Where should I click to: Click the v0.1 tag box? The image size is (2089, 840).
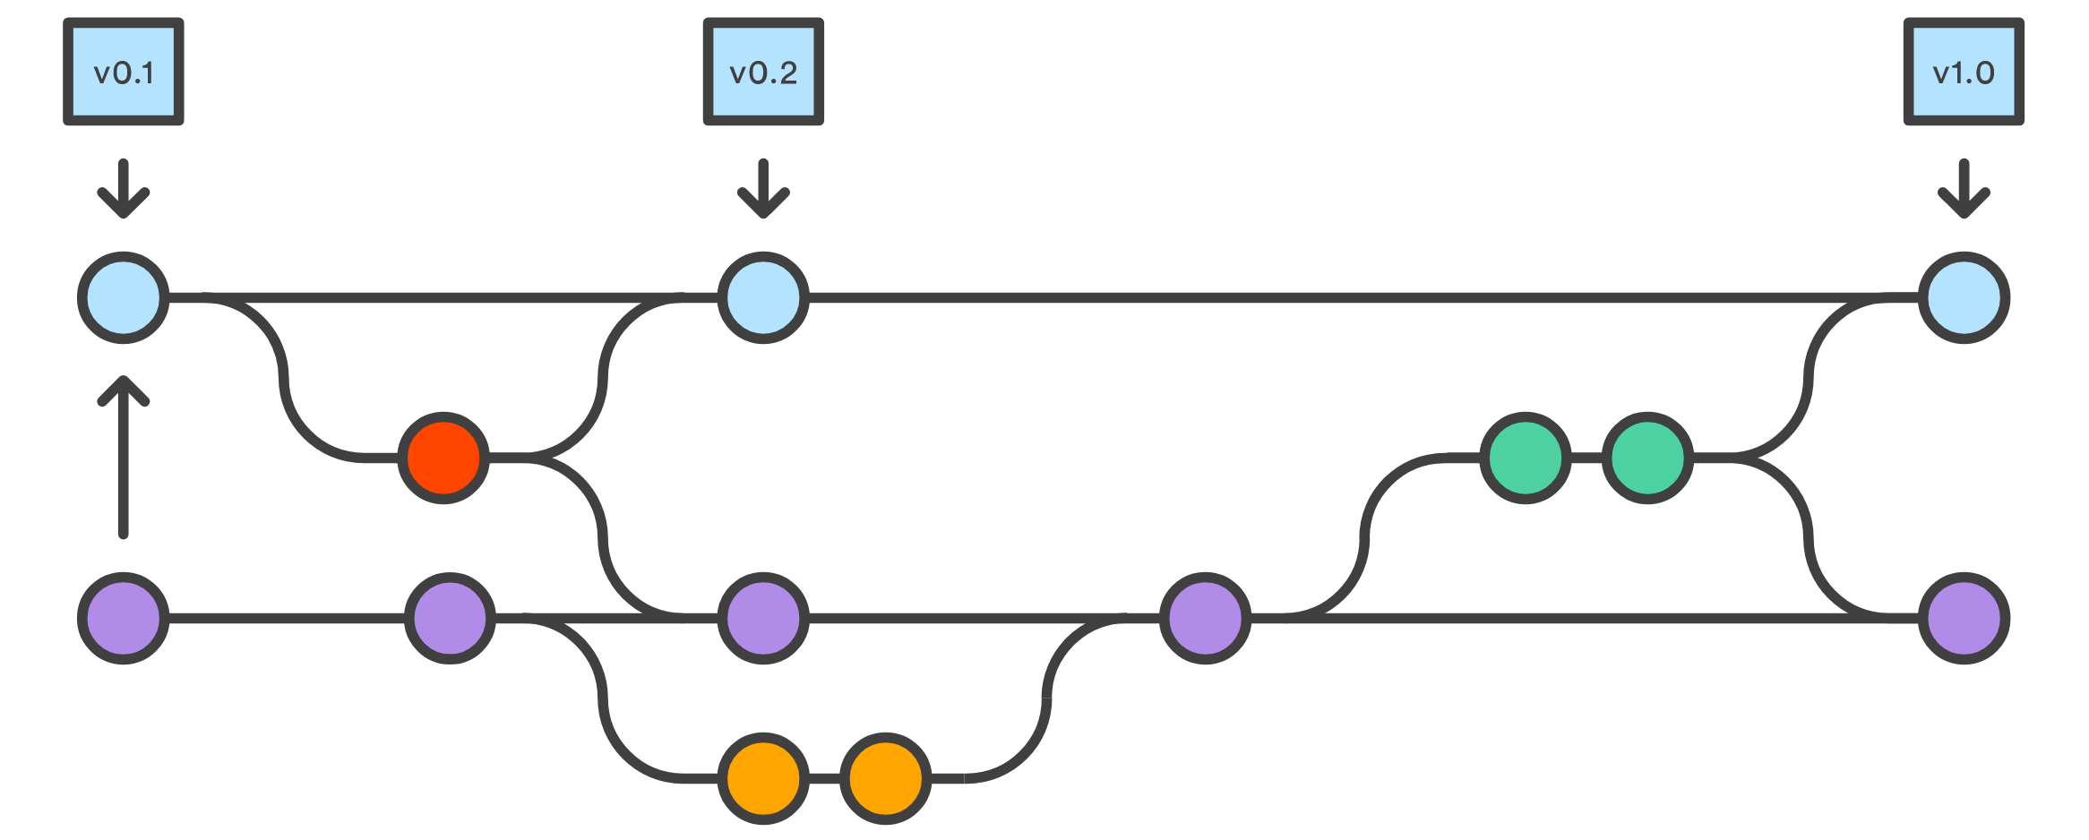click(x=124, y=72)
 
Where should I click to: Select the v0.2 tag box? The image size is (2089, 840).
click(x=763, y=72)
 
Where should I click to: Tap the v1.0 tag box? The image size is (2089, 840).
click(x=1964, y=72)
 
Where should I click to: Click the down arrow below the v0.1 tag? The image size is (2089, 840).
click(x=124, y=189)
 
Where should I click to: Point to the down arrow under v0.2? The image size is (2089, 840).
click(x=763, y=189)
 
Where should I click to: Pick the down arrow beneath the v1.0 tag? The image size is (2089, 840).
click(x=1964, y=189)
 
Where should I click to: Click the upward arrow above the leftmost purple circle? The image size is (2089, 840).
click(x=124, y=457)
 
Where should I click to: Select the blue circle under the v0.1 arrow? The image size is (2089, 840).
click(x=124, y=298)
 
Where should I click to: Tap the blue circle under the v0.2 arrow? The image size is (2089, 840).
click(x=763, y=298)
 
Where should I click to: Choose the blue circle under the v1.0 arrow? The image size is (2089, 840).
click(x=1964, y=298)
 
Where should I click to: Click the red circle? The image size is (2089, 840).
click(x=443, y=459)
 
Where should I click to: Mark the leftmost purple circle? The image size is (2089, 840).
click(x=124, y=618)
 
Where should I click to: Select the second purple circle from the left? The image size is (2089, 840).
click(x=450, y=618)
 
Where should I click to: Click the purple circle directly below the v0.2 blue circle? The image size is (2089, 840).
click(x=763, y=618)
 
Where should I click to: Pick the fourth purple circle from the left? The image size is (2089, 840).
click(x=1205, y=618)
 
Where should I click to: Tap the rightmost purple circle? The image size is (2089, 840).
click(x=1964, y=618)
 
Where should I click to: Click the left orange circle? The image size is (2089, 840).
click(x=763, y=778)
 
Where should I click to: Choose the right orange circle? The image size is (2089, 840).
click(x=885, y=778)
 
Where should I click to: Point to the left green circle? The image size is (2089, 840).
click(x=1526, y=459)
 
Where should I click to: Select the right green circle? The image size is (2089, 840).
click(x=1647, y=459)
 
